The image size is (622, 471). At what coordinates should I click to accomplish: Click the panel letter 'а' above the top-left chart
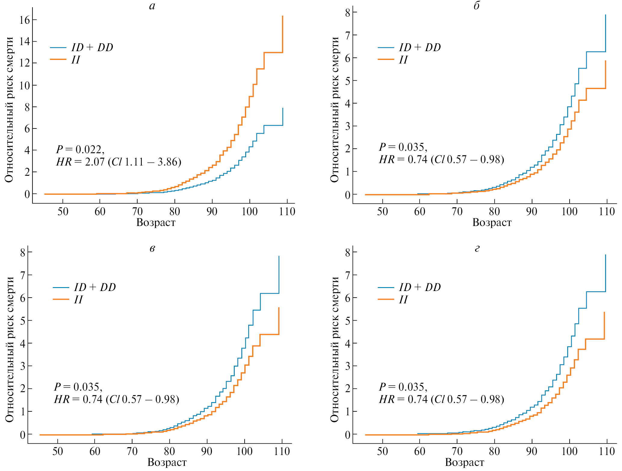pyautogui.click(x=152, y=6)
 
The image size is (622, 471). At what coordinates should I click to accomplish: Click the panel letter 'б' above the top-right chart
pyautogui.click(x=477, y=6)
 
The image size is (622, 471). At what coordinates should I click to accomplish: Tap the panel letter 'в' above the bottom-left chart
pyautogui.click(x=152, y=249)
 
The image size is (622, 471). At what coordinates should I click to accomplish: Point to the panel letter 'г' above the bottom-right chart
pyautogui.click(x=477, y=249)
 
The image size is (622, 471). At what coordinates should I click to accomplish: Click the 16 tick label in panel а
pyautogui.click(x=24, y=20)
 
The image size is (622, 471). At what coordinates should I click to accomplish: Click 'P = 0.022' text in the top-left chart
pyautogui.click(x=80, y=149)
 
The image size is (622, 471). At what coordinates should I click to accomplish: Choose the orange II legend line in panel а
pyautogui.click(x=58, y=60)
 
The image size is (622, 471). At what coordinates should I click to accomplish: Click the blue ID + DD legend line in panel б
pyautogui.click(x=386, y=48)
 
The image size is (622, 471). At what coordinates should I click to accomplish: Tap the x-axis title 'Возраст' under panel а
pyautogui.click(x=156, y=222)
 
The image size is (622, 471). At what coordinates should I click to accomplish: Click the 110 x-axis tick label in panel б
pyautogui.click(x=607, y=212)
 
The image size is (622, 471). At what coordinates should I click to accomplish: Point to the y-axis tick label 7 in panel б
pyautogui.click(x=348, y=35)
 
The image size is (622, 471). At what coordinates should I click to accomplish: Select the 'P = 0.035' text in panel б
pyautogui.click(x=403, y=147)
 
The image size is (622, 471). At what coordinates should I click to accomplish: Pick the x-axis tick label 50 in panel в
pyautogui.click(x=57, y=451)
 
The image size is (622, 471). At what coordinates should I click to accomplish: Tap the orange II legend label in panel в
pyautogui.click(x=79, y=299)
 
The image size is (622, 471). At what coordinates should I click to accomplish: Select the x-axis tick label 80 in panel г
pyautogui.click(x=494, y=451)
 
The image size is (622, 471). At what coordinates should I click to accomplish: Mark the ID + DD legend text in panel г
pyautogui.click(x=420, y=287)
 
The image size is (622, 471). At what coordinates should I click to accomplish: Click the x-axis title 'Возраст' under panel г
pyautogui.click(x=465, y=462)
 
